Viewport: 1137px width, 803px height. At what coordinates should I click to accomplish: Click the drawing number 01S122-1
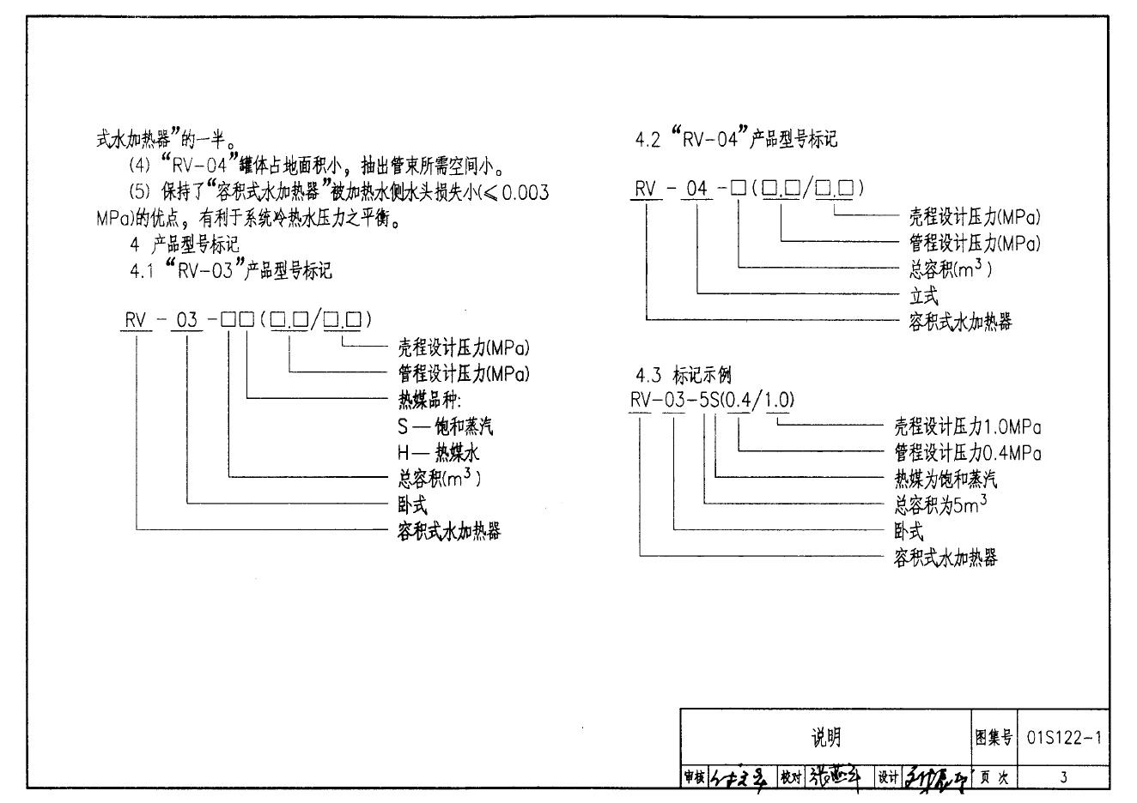pyautogui.click(x=1062, y=737)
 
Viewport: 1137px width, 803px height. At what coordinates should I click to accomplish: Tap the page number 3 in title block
pyautogui.click(x=1063, y=777)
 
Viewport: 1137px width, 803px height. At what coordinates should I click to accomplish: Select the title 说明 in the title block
pyautogui.click(x=826, y=737)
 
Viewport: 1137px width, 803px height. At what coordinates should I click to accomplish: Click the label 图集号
pyautogui.click(x=994, y=737)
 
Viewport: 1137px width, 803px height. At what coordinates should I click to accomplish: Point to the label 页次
pyautogui.click(x=994, y=777)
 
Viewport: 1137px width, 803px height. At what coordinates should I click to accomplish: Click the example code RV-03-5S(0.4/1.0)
pyautogui.click(x=712, y=399)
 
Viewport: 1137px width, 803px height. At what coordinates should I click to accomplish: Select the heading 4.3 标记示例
pyautogui.click(x=684, y=375)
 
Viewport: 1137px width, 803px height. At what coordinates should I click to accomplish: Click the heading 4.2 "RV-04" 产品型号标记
pyautogui.click(x=736, y=139)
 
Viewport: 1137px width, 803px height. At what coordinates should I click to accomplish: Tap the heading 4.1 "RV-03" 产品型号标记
pyautogui.click(x=231, y=271)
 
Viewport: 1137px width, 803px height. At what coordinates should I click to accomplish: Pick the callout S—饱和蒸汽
pyautogui.click(x=445, y=426)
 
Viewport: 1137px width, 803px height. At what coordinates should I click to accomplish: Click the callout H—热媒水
pyautogui.click(x=438, y=453)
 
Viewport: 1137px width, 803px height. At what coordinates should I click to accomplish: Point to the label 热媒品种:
pyautogui.click(x=429, y=400)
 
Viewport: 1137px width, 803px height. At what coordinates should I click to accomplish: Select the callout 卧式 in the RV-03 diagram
pyautogui.click(x=411, y=505)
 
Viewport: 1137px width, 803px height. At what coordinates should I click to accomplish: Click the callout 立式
pyautogui.click(x=924, y=296)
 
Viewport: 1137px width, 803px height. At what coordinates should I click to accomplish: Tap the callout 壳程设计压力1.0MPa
pyautogui.click(x=968, y=426)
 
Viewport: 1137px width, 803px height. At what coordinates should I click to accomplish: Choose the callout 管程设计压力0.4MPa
pyautogui.click(x=968, y=453)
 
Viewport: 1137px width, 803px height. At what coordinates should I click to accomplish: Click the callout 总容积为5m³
pyautogui.click(x=940, y=505)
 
